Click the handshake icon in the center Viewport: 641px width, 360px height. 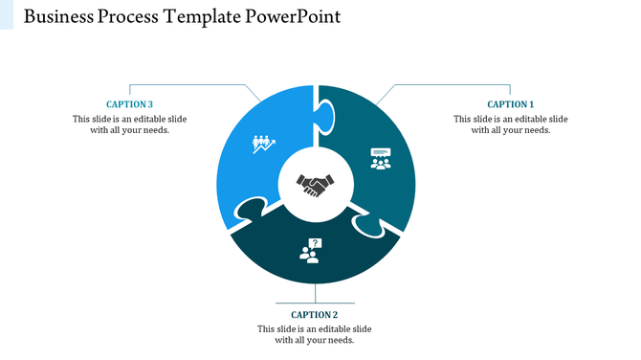tap(316, 183)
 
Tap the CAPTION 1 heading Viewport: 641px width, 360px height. tap(510, 104)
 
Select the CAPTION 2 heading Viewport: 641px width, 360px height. tap(315, 314)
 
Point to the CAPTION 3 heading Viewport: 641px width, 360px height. tap(129, 104)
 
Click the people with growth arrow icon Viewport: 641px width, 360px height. tap(263, 144)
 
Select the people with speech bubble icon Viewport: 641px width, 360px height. tap(381, 158)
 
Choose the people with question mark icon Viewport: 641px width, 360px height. tap(311, 251)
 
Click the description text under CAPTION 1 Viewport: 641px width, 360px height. tap(510, 124)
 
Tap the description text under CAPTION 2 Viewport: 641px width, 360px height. tap(315, 334)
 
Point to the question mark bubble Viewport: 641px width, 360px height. tap(315, 243)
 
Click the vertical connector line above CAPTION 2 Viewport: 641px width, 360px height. tap(315, 295)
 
